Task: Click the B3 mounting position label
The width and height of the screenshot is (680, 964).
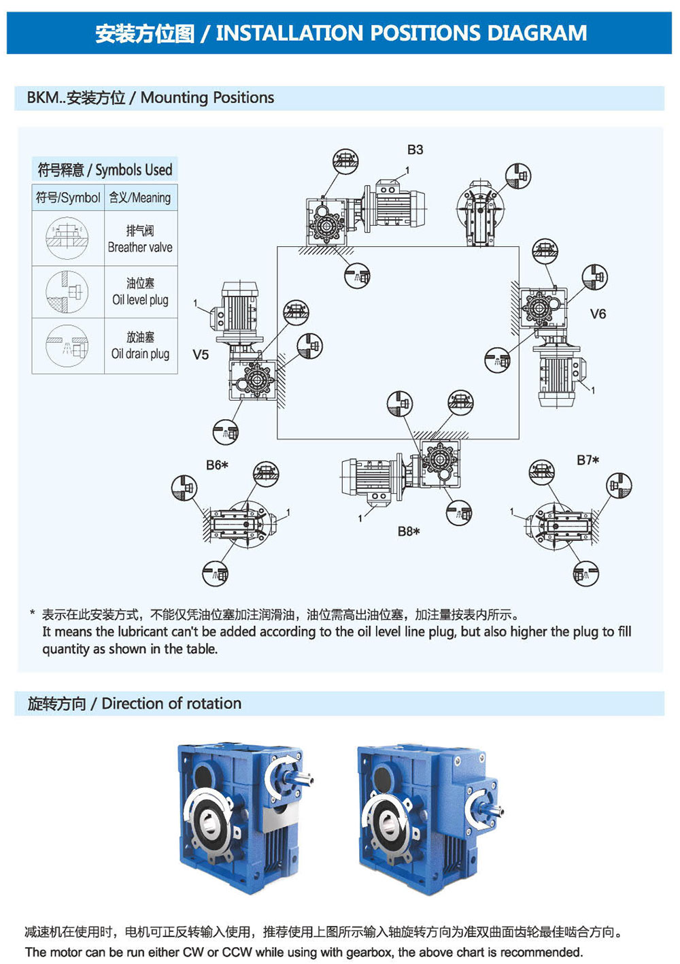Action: [x=415, y=150]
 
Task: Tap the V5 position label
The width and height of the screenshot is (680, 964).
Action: [x=201, y=354]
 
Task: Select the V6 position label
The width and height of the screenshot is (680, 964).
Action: [x=598, y=314]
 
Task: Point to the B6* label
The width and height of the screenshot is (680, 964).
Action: [x=217, y=465]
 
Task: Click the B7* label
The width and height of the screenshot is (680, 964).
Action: [x=588, y=461]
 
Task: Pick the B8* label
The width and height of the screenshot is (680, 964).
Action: [x=409, y=531]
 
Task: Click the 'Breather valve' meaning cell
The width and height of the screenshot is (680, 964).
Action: [x=140, y=239]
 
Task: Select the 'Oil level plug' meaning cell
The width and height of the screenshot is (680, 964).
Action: [x=140, y=292]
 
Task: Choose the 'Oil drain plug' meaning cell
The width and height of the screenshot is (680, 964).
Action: [x=140, y=346]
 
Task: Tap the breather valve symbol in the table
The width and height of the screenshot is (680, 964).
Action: [x=67, y=238]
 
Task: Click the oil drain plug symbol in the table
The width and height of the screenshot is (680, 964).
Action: [x=67, y=346]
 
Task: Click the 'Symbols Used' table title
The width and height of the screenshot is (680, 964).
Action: [x=105, y=169]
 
